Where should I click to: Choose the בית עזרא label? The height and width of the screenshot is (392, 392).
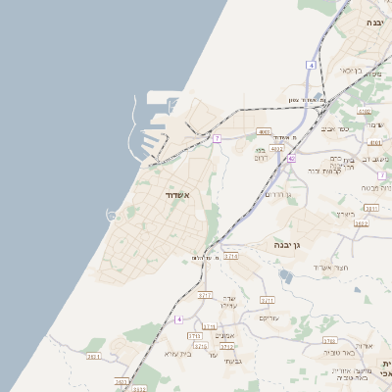176,353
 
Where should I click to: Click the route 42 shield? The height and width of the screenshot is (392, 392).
292,157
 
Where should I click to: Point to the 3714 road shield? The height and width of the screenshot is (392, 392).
231,256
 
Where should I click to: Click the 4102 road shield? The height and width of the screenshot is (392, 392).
371,208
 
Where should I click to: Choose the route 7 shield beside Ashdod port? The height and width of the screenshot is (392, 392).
217,138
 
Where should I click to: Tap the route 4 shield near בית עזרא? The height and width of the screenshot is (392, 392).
179,319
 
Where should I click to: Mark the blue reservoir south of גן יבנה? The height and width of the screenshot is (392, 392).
284,276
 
